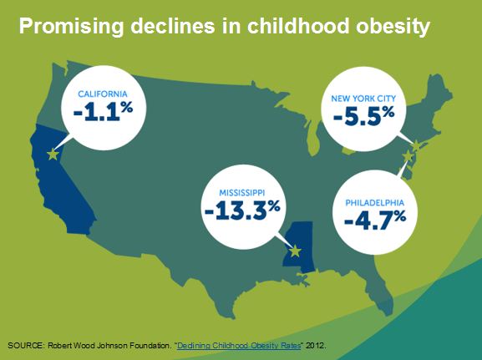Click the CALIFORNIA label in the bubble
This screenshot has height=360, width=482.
coord(103,94)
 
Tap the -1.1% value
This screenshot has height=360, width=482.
coord(104,111)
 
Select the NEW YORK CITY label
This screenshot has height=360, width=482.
coord(363,99)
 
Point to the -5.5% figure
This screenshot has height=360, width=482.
coord(363,116)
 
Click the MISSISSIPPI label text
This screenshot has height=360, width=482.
coord(242,193)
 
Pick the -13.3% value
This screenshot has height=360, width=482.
coord(242,210)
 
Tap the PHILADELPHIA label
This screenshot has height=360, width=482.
coord(375,203)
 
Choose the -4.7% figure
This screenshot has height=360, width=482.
coord(375,221)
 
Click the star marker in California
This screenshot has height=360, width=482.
coord(53,155)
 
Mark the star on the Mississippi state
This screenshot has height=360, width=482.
coord(295,251)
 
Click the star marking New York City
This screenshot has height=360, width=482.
coord(416,145)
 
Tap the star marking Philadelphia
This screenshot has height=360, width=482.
coord(408,156)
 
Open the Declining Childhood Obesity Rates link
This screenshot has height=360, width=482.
coord(239,346)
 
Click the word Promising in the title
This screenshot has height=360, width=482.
coord(71,26)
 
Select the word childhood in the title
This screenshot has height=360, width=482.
coord(298,26)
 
